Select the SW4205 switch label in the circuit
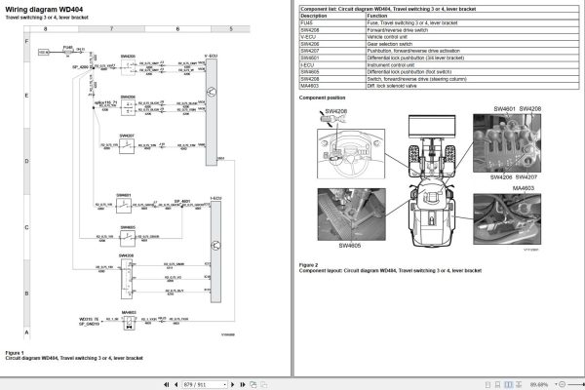pos(129,57)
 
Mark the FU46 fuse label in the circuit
pos(67,46)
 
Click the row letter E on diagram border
pos(26,95)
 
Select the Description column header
pos(316,17)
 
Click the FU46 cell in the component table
pos(309,23)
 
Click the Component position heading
pos(323,97)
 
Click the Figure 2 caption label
pos(308,264)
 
